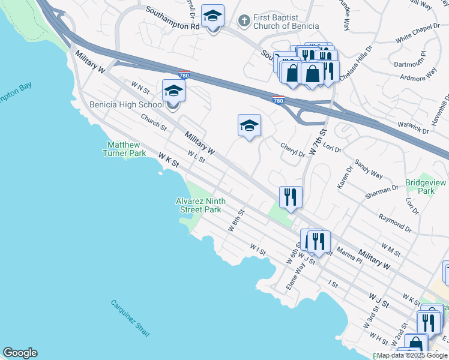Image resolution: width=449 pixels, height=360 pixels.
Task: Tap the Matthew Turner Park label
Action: (124, 149)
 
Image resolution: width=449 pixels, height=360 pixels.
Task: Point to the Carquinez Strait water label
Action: (130, 317)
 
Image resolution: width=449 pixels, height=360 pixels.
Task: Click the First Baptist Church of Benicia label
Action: (285, 22)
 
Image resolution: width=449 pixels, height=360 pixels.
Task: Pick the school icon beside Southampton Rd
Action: (212, 17)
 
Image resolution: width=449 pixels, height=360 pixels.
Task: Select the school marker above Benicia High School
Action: (173, 91)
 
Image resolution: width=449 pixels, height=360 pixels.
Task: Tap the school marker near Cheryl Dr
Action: (249, 125)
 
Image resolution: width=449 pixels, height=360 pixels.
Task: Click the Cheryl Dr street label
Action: (293, 149)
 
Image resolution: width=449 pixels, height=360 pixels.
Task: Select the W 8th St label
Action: (237, 220)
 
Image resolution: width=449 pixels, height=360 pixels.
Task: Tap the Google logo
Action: (20, 353)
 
